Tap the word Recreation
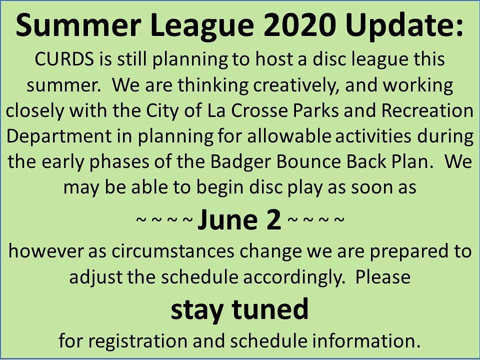point(427,110)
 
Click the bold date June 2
point(240,220)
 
